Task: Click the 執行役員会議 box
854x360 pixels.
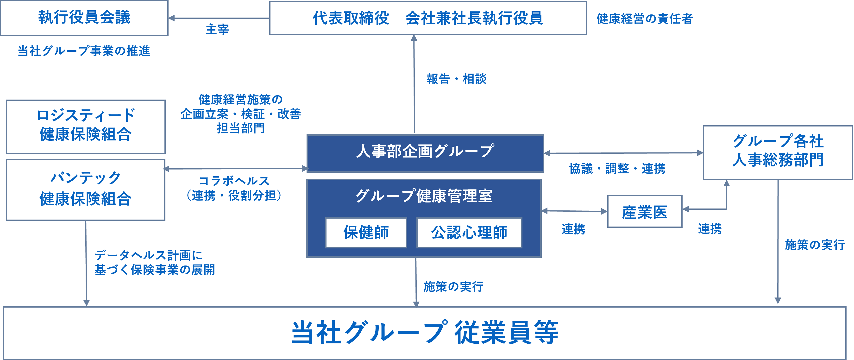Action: pos(84,18)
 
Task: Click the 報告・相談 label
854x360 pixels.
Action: pos(456,79)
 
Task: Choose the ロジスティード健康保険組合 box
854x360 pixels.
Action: pos(86,127)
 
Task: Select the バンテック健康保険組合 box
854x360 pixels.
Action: pos(86,189)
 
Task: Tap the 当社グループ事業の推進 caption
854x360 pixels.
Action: pos(84,51)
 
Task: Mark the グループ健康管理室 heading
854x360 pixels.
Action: pos(424,196)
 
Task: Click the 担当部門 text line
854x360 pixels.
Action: pos(241,128)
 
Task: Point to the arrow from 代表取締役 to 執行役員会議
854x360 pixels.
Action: pos(219,18)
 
